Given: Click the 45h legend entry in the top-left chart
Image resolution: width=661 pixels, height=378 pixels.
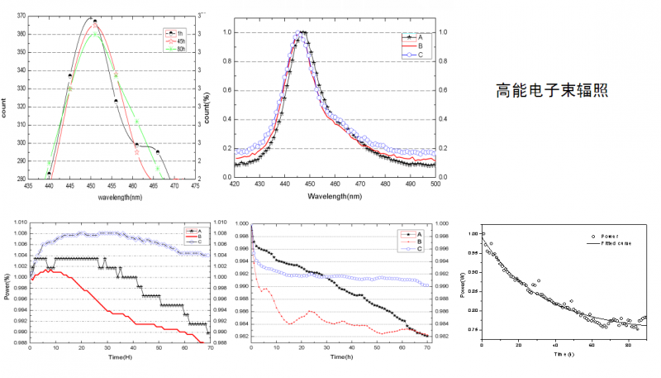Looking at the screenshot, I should coord(180,41).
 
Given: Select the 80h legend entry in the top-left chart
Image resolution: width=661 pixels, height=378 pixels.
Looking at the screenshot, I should coord(180,48).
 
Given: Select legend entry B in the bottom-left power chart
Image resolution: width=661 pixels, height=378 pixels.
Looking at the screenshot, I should coord(198,237).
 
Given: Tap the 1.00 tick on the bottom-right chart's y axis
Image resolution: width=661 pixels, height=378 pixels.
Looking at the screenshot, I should coord(472,233).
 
